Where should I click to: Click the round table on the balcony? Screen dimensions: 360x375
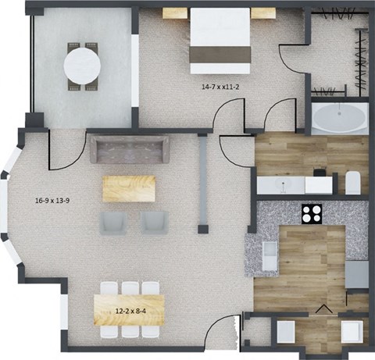tap(82, 66)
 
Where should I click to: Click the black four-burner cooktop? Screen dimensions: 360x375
tap(312, 213)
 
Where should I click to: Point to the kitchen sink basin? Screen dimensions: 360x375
tap(270, 251)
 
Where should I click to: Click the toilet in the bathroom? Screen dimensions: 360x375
tap(352, 181)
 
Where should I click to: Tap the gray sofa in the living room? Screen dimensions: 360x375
tap(129, 148)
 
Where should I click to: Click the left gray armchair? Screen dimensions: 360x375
tap(114, 222)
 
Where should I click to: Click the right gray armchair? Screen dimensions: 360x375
tap(153, 222)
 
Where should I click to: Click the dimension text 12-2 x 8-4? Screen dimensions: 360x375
tap(129, 311)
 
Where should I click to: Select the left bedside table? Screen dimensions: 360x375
tap(175, 13)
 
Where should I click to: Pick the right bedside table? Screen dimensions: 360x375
tap(264, 13)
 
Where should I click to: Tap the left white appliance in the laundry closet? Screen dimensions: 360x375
tap(284, 332)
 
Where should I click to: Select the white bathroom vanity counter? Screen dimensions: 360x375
tap(297, 185)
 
